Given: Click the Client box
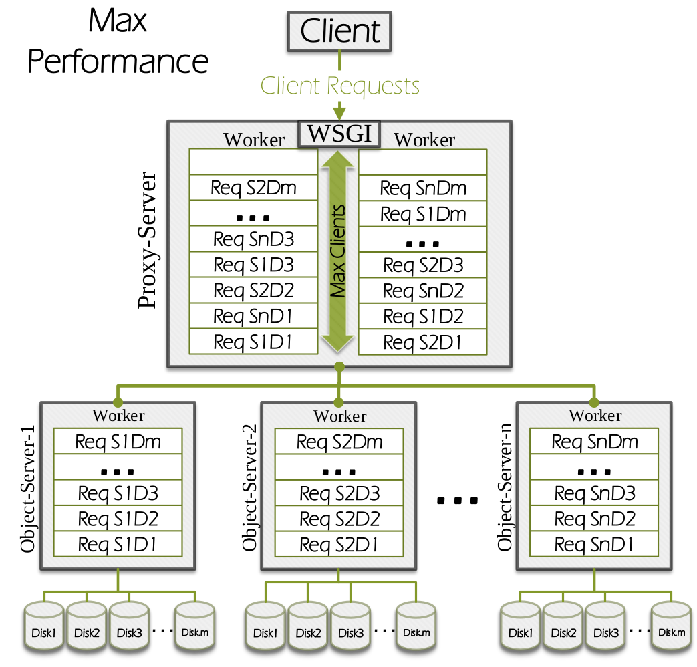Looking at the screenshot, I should point(339,31).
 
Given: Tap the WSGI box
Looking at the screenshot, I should point(339,134).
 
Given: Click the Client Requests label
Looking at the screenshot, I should point(339,86).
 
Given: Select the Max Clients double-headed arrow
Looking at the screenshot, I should point(339,251).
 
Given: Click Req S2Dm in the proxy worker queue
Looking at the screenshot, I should point(253,188).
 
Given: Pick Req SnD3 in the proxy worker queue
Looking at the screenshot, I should point(253,239).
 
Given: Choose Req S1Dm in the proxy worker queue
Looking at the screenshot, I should point(422,214).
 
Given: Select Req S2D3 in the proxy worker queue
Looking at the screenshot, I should point(422,265).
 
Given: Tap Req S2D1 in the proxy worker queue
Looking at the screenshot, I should point(422,342).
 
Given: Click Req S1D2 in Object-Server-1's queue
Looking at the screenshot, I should point(118,519).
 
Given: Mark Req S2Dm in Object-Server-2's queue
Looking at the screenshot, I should point(339,442).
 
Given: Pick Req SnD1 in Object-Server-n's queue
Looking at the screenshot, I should point(594,544).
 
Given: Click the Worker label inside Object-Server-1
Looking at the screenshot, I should point(118,416).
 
